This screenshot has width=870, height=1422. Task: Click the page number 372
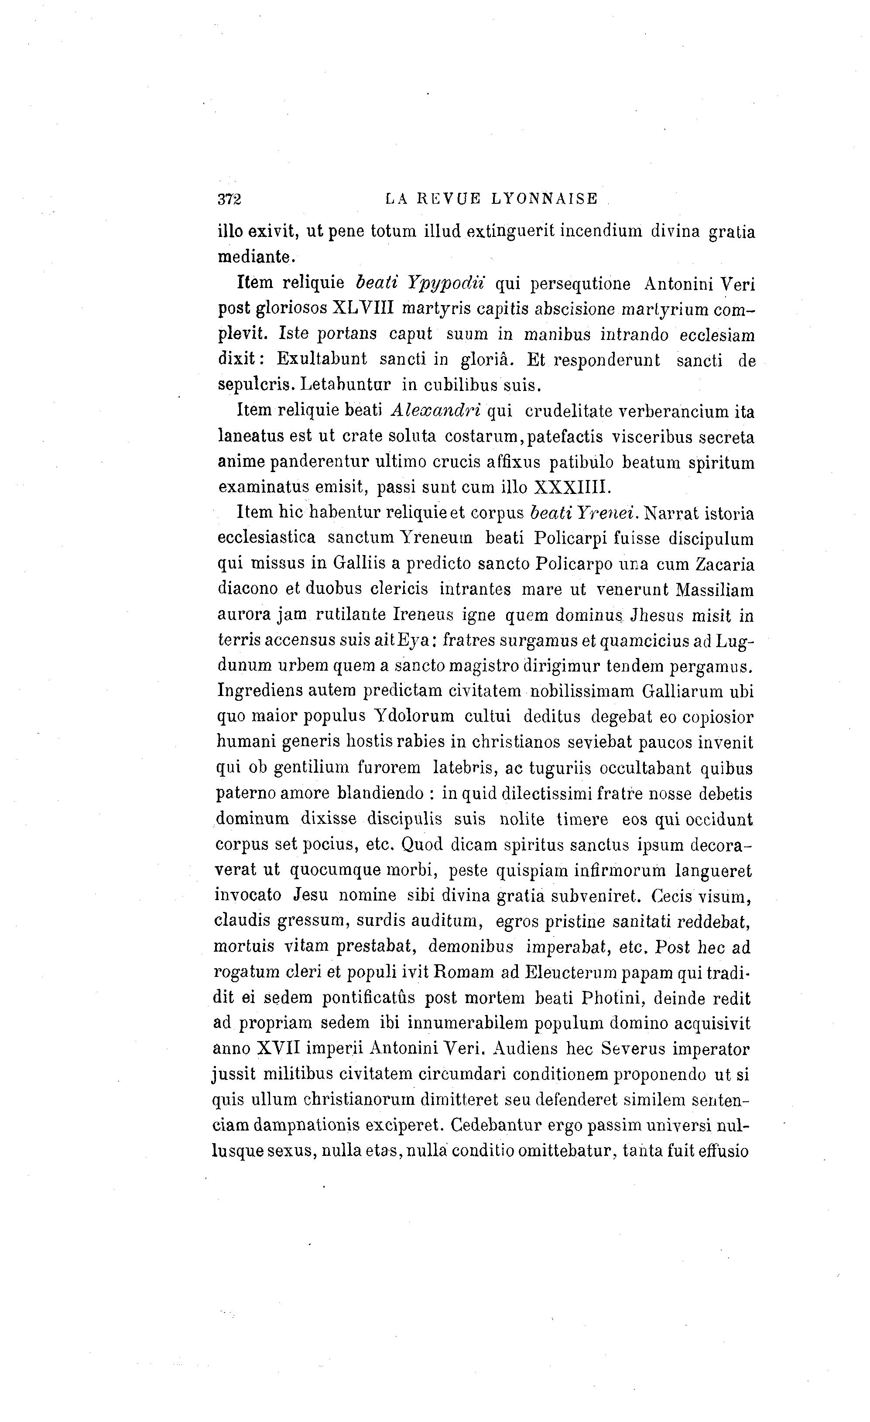[x=229, y=199]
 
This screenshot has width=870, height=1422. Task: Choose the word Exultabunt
[x=322, y=359]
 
